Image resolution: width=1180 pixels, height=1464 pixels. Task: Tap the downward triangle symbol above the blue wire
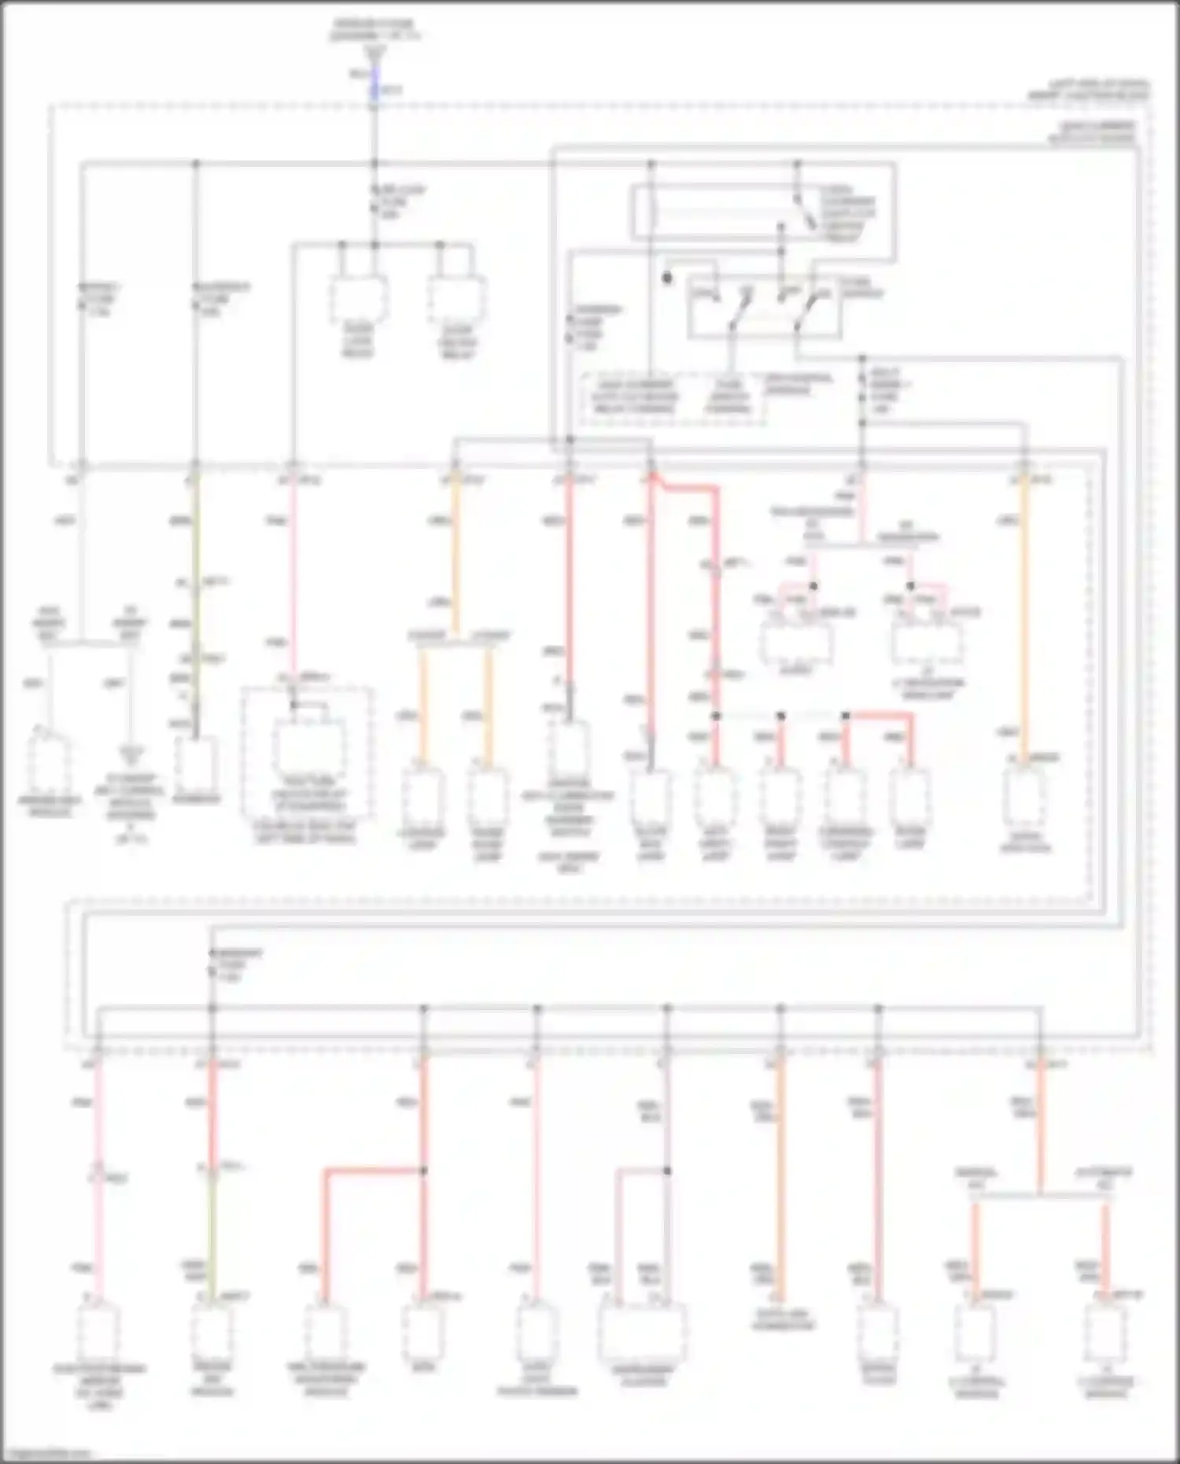374,52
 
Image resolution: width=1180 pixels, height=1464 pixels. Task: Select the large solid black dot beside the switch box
667,278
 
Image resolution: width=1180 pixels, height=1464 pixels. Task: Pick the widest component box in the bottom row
642,1332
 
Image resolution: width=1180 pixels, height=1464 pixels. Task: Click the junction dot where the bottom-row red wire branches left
423,1171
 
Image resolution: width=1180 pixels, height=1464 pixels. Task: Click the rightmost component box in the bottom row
1105,1332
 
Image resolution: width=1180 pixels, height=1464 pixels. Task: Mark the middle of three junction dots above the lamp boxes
780,716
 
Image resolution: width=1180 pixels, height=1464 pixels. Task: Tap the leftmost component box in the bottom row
98,1332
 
